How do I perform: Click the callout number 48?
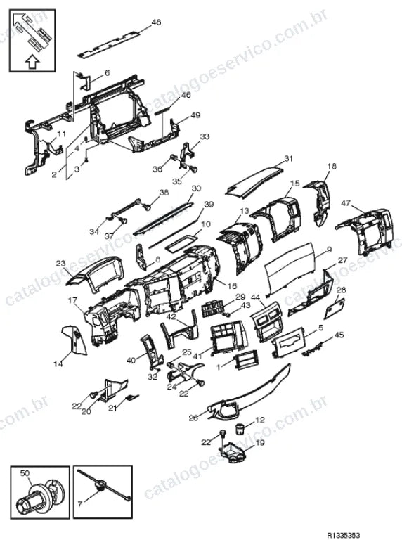pyautogui.click(x=156, y=22)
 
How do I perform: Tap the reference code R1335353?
pyautogui.click(x=343, y=535)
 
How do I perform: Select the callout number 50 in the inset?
pyautogui.click(x=25, y=473)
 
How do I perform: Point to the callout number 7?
pyautogui.click(x=80, y=504)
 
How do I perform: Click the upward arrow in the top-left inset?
pyautogui.click(x=32, y=62)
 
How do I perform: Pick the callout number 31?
pyautogui.click(x=288, y=159)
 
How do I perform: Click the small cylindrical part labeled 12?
pyautogui.click(x=240, y=429)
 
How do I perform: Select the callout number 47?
pyautogui.click(x=346, y=203)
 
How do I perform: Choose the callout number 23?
pyautogui.click(x=60, y=264)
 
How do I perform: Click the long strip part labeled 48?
pyautogui.click(x=109, y=44)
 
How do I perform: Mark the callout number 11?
pyautogui.click(x=61, y=134)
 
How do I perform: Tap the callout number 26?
pyautogui.click(x=193, y=418)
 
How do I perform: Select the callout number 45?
pyautogui.click(x=339, y=335)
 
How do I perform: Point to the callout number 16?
pyautogui.click(x=232, y=286)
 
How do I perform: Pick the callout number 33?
pyautogui.click(x=205, y=136)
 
